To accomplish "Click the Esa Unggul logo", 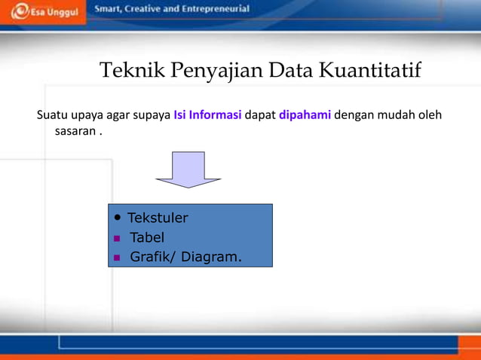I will pyautogui.click(x=45, y=13).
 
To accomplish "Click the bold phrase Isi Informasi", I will pyautogui.click(x=207, y=115).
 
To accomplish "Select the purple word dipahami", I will pyautogui.click(x=305, y=115).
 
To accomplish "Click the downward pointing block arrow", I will pyautogui.click(x=188, y=169).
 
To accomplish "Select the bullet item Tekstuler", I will pyautogui.click(x=158, y=218).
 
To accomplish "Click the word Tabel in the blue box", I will pyautogui.click(x=147, y=238).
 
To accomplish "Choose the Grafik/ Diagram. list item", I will pyautogui.click(x=185, y=258).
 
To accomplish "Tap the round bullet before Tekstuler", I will pyautogui.click(x=117, y=218).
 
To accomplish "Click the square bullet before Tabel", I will pyautogui.click(x=117, y=239).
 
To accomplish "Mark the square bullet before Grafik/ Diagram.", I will pyautogui.click(x=117, y=258).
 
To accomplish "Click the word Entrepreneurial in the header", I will pyautogui.click(x=211, y=9).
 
